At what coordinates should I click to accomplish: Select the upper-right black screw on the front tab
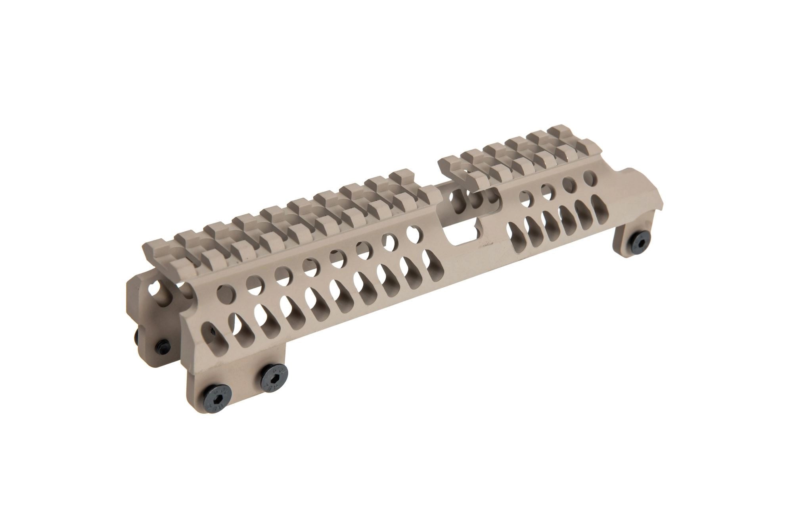pos(274,375)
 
